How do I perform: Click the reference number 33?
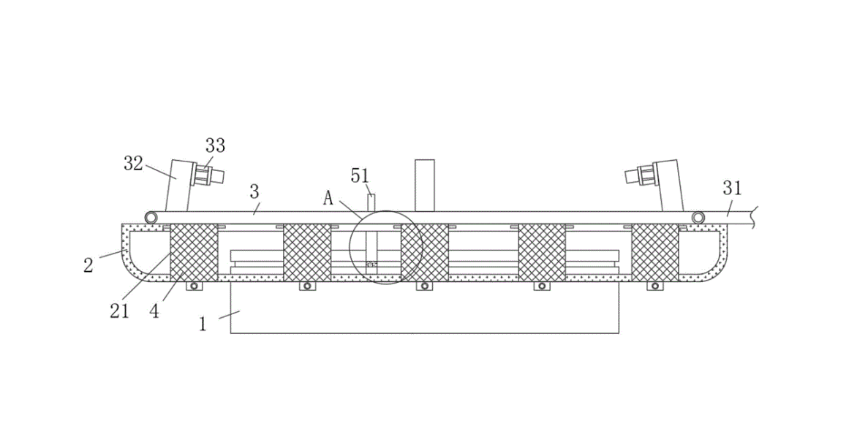point(215,146)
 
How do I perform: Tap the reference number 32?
point(133,163)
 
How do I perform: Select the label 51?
point(360,176)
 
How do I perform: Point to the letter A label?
point(328,198)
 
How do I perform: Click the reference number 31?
point(733,189)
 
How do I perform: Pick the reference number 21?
point(119,311)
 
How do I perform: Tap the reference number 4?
point(155,311)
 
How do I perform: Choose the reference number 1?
point(203,324)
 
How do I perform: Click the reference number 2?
point(88,266)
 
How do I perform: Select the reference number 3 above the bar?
point(254,192)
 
